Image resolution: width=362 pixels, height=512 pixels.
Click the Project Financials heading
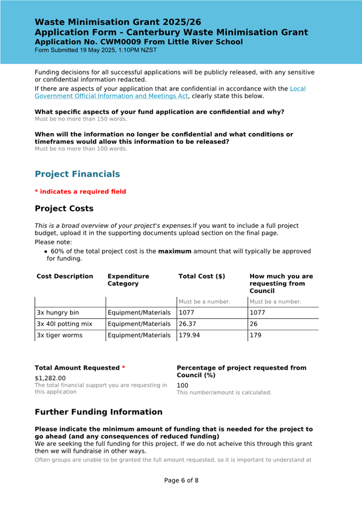[x=77, y=174]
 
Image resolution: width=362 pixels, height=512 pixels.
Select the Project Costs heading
[x=64, y=209]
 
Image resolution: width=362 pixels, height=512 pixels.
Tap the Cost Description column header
[x=65, y=277]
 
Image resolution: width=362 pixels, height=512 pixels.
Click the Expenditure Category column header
[x=128, y=280]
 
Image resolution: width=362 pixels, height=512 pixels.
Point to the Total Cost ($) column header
[x=202, y=277]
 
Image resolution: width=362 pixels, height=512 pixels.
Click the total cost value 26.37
[x=188, y=324]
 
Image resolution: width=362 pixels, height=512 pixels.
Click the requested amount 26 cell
[x=254, y=324]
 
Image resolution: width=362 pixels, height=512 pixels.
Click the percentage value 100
[x=183, y=385]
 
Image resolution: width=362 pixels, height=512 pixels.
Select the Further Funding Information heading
[x=99, y=412]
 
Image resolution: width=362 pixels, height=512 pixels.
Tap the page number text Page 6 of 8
[x=181, y=480]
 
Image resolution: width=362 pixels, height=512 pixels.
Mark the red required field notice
[x=80, y=191]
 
